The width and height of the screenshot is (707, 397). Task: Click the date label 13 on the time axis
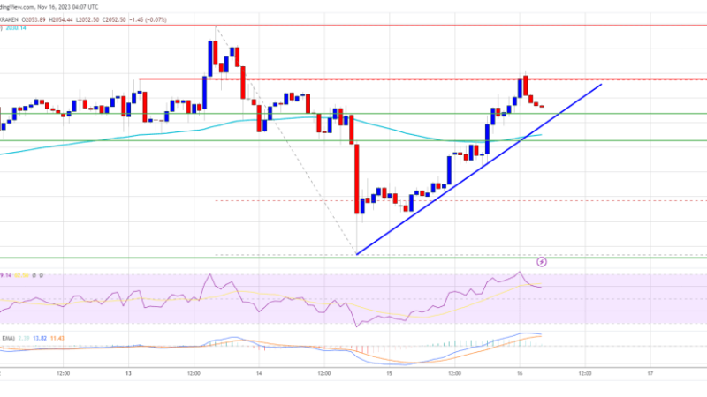coord(129,372)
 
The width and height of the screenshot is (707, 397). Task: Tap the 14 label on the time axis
coord(260,372)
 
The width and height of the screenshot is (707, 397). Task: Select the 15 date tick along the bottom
coord(390,372)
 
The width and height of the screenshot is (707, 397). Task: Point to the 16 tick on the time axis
coord(520,372)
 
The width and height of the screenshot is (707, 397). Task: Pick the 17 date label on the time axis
coord(650,372)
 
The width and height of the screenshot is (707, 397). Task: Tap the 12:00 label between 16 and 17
coord(584,372)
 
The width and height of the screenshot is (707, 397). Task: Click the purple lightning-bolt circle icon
coord(542,261)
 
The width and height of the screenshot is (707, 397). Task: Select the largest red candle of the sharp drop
coord(358,176)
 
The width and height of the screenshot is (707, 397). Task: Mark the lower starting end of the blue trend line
coord(357,254)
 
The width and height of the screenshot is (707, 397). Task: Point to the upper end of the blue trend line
coord(602,85)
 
